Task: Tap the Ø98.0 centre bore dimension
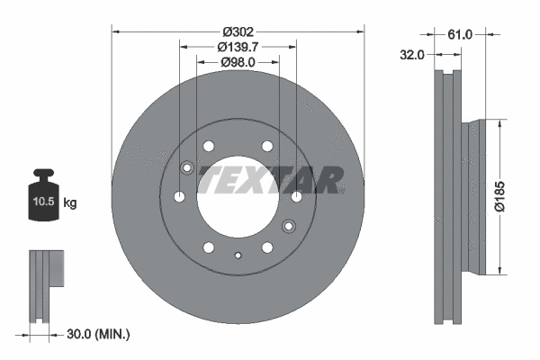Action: pyautogui.click(x=238, y=62)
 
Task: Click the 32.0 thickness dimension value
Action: pyautogui.click(x=411, y=55)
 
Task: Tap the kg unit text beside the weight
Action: pyautogui.click(x=70, y=203)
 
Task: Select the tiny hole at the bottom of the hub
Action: pyautogui.click(x=238, y=256)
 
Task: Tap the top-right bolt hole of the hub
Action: pyautogui.click(x=266, y=146)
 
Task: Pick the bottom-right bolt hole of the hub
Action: pyautogui.click(x=267, y=247)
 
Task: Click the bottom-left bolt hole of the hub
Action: pyautogui.click(x=208, y=247)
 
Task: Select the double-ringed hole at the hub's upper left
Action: pyautogui.click(x=188, y=167)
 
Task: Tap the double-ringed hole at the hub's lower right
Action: pyautogui.click(x=289, y=225)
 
